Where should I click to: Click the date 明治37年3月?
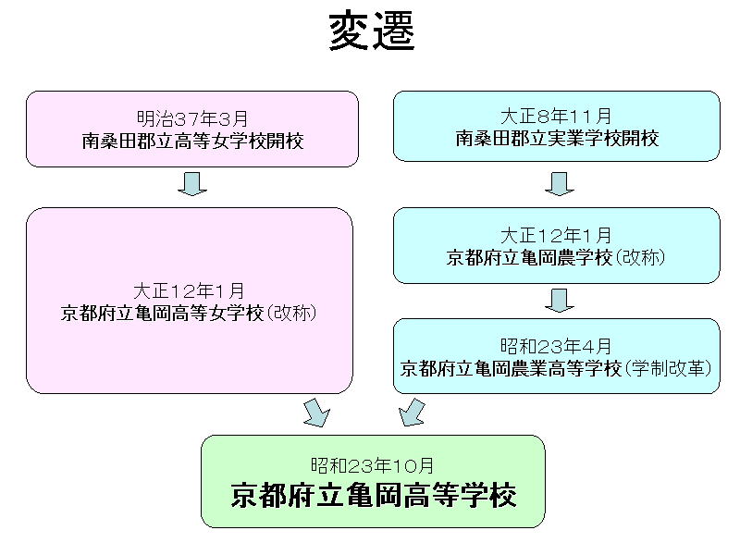click(192, 118)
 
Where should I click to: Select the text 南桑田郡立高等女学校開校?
click(192, 141)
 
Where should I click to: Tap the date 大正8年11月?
click(556, 117)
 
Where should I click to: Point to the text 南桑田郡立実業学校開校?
click(556, 139)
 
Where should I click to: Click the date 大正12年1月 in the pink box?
click(189, 290)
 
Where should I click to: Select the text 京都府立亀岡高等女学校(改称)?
click(189, 313)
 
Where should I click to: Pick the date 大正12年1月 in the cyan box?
click(556, 236)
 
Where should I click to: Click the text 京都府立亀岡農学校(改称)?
click(556, 258)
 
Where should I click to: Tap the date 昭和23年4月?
click(556, 346)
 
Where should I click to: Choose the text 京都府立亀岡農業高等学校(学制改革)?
click(556, 368)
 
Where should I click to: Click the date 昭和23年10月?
click(373, 465)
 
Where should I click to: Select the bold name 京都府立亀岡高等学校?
click(373, 495)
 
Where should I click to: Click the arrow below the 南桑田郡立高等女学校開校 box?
click(192, 184)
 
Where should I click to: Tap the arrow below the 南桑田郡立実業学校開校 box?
click(559, 184)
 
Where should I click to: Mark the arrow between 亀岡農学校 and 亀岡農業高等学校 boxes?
click(559, 300)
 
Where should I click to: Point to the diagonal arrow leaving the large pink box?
click(316, 413)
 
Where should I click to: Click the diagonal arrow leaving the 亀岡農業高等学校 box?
click(413, 413)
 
